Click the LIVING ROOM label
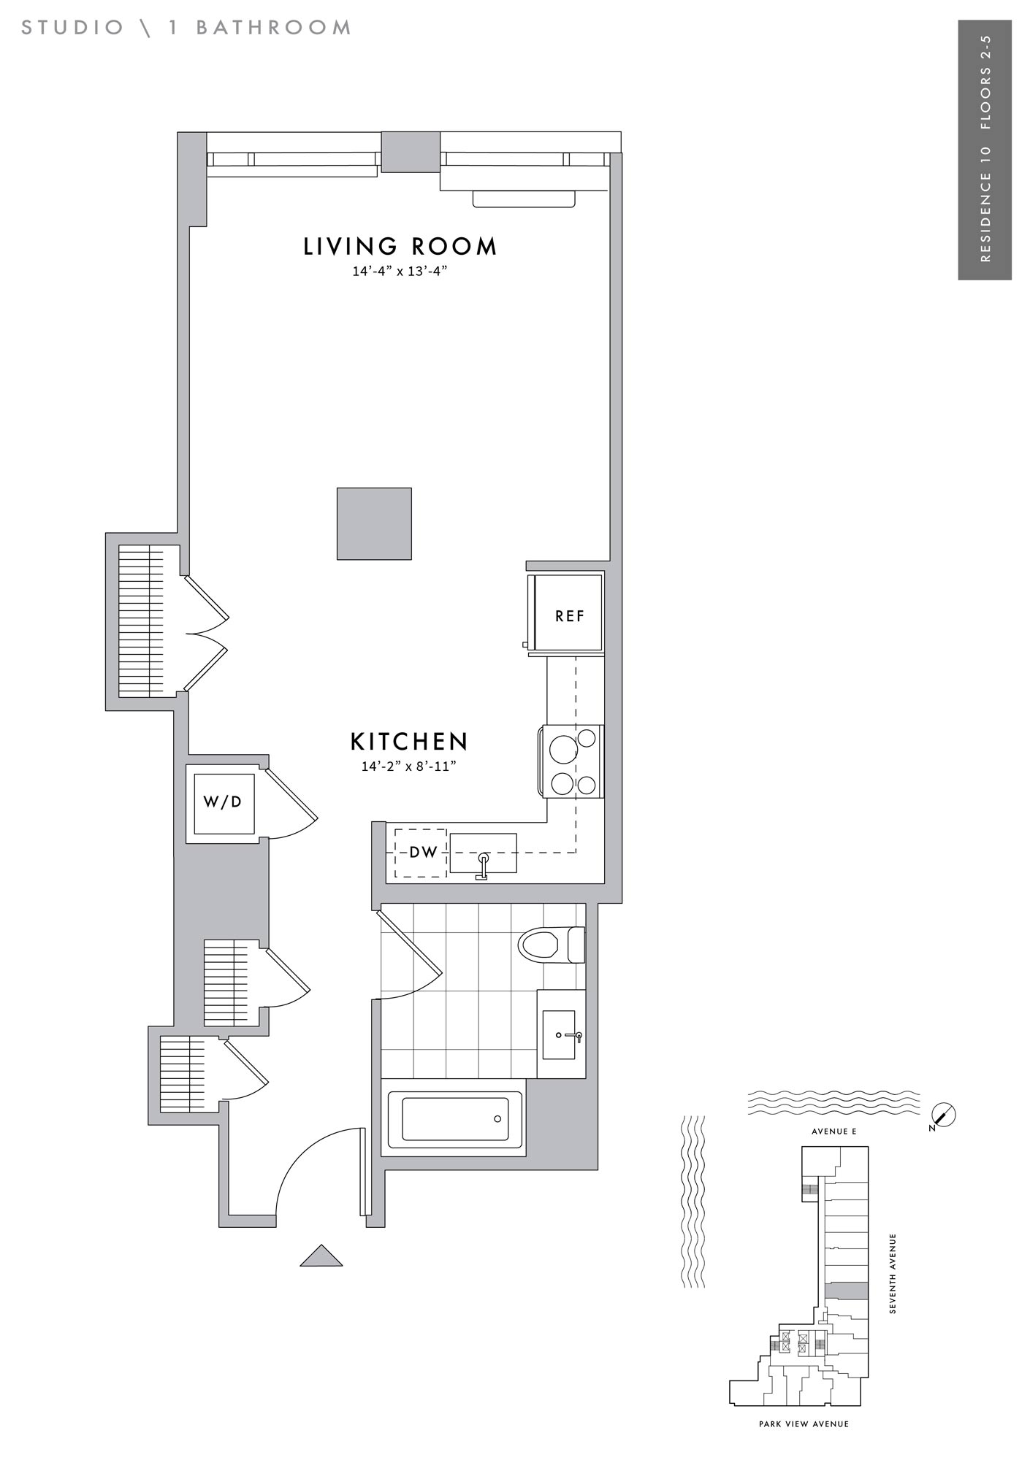click(x=400, y=247)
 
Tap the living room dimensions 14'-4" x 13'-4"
click(x=400, y=272)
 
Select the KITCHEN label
click(x=409, y=742)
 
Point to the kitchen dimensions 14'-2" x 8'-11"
click(x=409, y=766)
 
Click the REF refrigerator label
click(x=570, y=616)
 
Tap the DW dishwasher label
click(x=423, y=852)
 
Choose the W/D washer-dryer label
click(x=223, y=802)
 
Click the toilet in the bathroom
click(x=552, y=945)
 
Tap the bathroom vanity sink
click(x=560, y=1034)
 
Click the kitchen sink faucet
click(x=482, y=866)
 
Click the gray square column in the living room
click(x=374, y=524)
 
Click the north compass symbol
click(x=945, y=1115)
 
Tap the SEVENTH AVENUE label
click(x=893, y=1274)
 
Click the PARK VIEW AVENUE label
click(x=804, y=1423)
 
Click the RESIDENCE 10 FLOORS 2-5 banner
click(x=985, y=150)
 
